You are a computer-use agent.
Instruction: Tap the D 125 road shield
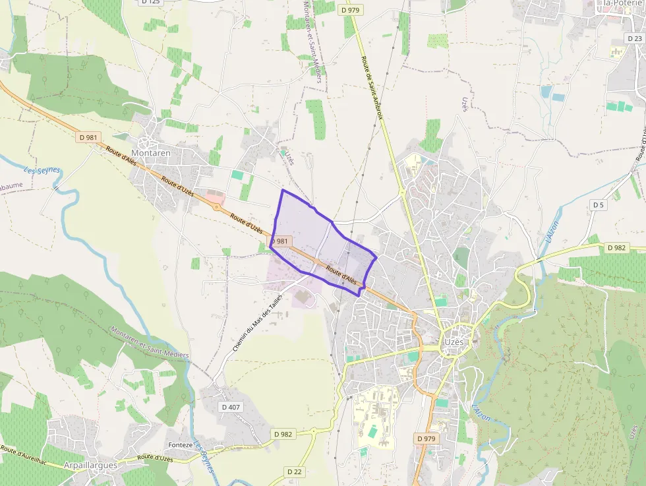coord(150,2)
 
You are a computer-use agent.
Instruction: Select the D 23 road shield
coord(635,38)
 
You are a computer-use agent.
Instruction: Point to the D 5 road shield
coord(598,205)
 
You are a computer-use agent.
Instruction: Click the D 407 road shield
coord(231,407)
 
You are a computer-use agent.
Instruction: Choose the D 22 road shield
coord(295,471)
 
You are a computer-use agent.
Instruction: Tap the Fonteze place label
coord(181,444)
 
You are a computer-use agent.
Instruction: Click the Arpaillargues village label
coord(90,465)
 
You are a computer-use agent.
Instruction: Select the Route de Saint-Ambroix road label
coord(372,87)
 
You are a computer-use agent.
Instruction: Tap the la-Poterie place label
coord(619,3)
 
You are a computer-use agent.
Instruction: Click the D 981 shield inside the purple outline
coord(280,241)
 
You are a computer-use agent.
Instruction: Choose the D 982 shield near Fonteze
coord(283,434)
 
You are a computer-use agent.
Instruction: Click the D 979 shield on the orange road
coord(426,438)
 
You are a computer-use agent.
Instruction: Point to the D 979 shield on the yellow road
coord(350,10)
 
